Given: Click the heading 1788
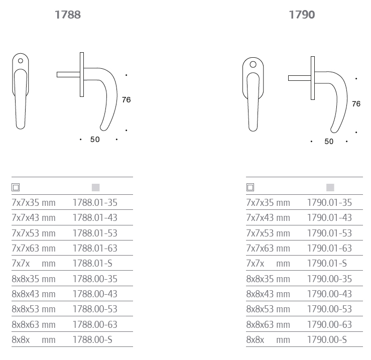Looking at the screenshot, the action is coord(68,15).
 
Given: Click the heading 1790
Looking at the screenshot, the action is coord(302,15).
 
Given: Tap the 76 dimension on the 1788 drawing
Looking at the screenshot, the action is coord(127,99).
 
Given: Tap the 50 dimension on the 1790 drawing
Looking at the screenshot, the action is coord(329,141).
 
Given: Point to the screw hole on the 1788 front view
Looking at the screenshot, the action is coord(21,61).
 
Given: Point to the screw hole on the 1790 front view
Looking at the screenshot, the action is coord(253,64).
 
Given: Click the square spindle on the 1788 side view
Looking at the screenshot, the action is coord(68,74).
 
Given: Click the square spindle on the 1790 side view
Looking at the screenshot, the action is coord(300,78).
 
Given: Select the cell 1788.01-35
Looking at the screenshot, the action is coord(95,203).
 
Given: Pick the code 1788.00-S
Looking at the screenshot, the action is coord(92,339).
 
